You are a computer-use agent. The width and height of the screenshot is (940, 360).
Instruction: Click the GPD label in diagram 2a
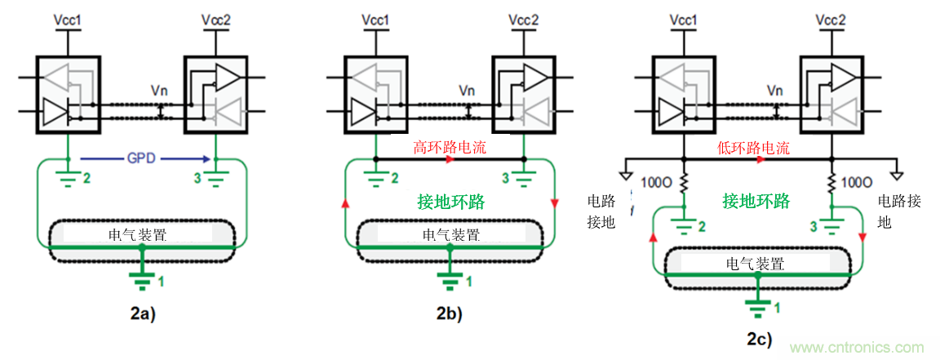[x=140, y=158]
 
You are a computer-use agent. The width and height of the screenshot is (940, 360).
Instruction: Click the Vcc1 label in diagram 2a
[x=69, y=19]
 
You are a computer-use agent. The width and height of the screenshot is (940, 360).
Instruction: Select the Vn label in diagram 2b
[x=466, y=91]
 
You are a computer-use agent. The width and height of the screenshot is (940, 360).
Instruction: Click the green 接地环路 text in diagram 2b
[x=450, y=202]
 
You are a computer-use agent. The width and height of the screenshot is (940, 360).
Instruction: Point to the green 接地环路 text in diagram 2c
[x=756, y=200]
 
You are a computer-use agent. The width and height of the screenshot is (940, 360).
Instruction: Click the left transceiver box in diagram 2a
[x=69, y=95]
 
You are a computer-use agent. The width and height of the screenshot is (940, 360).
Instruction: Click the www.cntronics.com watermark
[x=856, y=347]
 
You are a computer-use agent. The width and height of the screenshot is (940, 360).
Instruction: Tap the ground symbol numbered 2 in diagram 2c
[x=685, y=225]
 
